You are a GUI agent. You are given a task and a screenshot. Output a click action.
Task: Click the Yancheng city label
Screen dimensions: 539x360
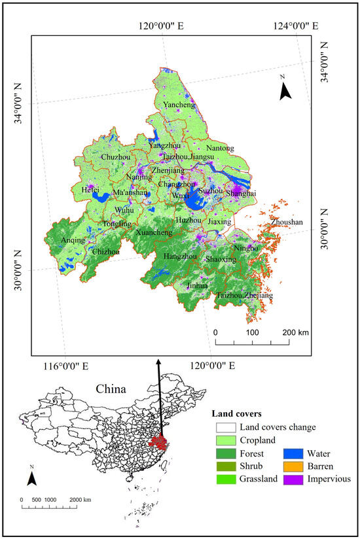click(x=179, y=105)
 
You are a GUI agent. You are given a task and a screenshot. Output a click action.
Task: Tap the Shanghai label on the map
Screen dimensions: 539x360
click(x=240, y=194)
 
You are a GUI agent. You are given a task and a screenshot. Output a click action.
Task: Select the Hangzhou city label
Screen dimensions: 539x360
click(x=180, y=256)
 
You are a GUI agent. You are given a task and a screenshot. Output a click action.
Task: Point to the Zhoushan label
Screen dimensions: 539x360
click(x=287, y=222)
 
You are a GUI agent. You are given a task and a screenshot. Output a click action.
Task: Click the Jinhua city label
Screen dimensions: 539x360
click(x=197, y=286)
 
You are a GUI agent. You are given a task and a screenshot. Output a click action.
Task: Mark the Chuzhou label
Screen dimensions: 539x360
click(x=116, y=157)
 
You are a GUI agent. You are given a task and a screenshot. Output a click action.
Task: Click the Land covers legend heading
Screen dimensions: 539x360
click(x=236, y=413)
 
